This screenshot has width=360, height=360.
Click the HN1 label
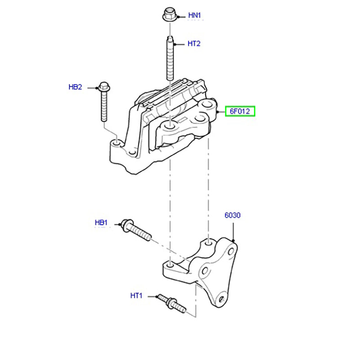point(194,15)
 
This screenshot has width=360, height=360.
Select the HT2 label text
point(194,44)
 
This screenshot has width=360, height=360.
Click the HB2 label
point(75,87)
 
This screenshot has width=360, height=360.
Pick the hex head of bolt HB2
point(103,85)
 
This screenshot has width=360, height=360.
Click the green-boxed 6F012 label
point(240,111)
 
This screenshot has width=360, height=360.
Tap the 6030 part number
point(233,216)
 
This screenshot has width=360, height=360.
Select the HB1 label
point(101,222)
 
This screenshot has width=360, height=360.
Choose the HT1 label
point(136,296)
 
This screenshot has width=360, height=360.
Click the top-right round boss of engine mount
point(208,105)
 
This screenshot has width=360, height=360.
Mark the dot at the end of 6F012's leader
point(217,111)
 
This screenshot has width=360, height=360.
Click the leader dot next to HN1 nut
point(179,16)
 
